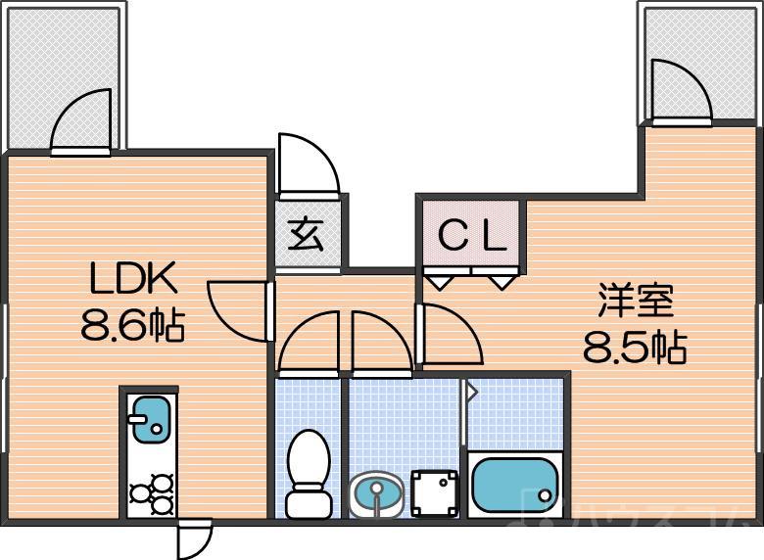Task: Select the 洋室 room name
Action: [637, 301]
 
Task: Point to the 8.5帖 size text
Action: [634, 347]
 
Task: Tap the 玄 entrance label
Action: [308, 236]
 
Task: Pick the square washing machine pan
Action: [434, 492]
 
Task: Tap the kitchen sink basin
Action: [149, 419]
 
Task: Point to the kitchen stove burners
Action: [149, 493]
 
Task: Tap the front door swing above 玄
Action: [306, 163]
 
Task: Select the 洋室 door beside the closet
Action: [449, 335]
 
